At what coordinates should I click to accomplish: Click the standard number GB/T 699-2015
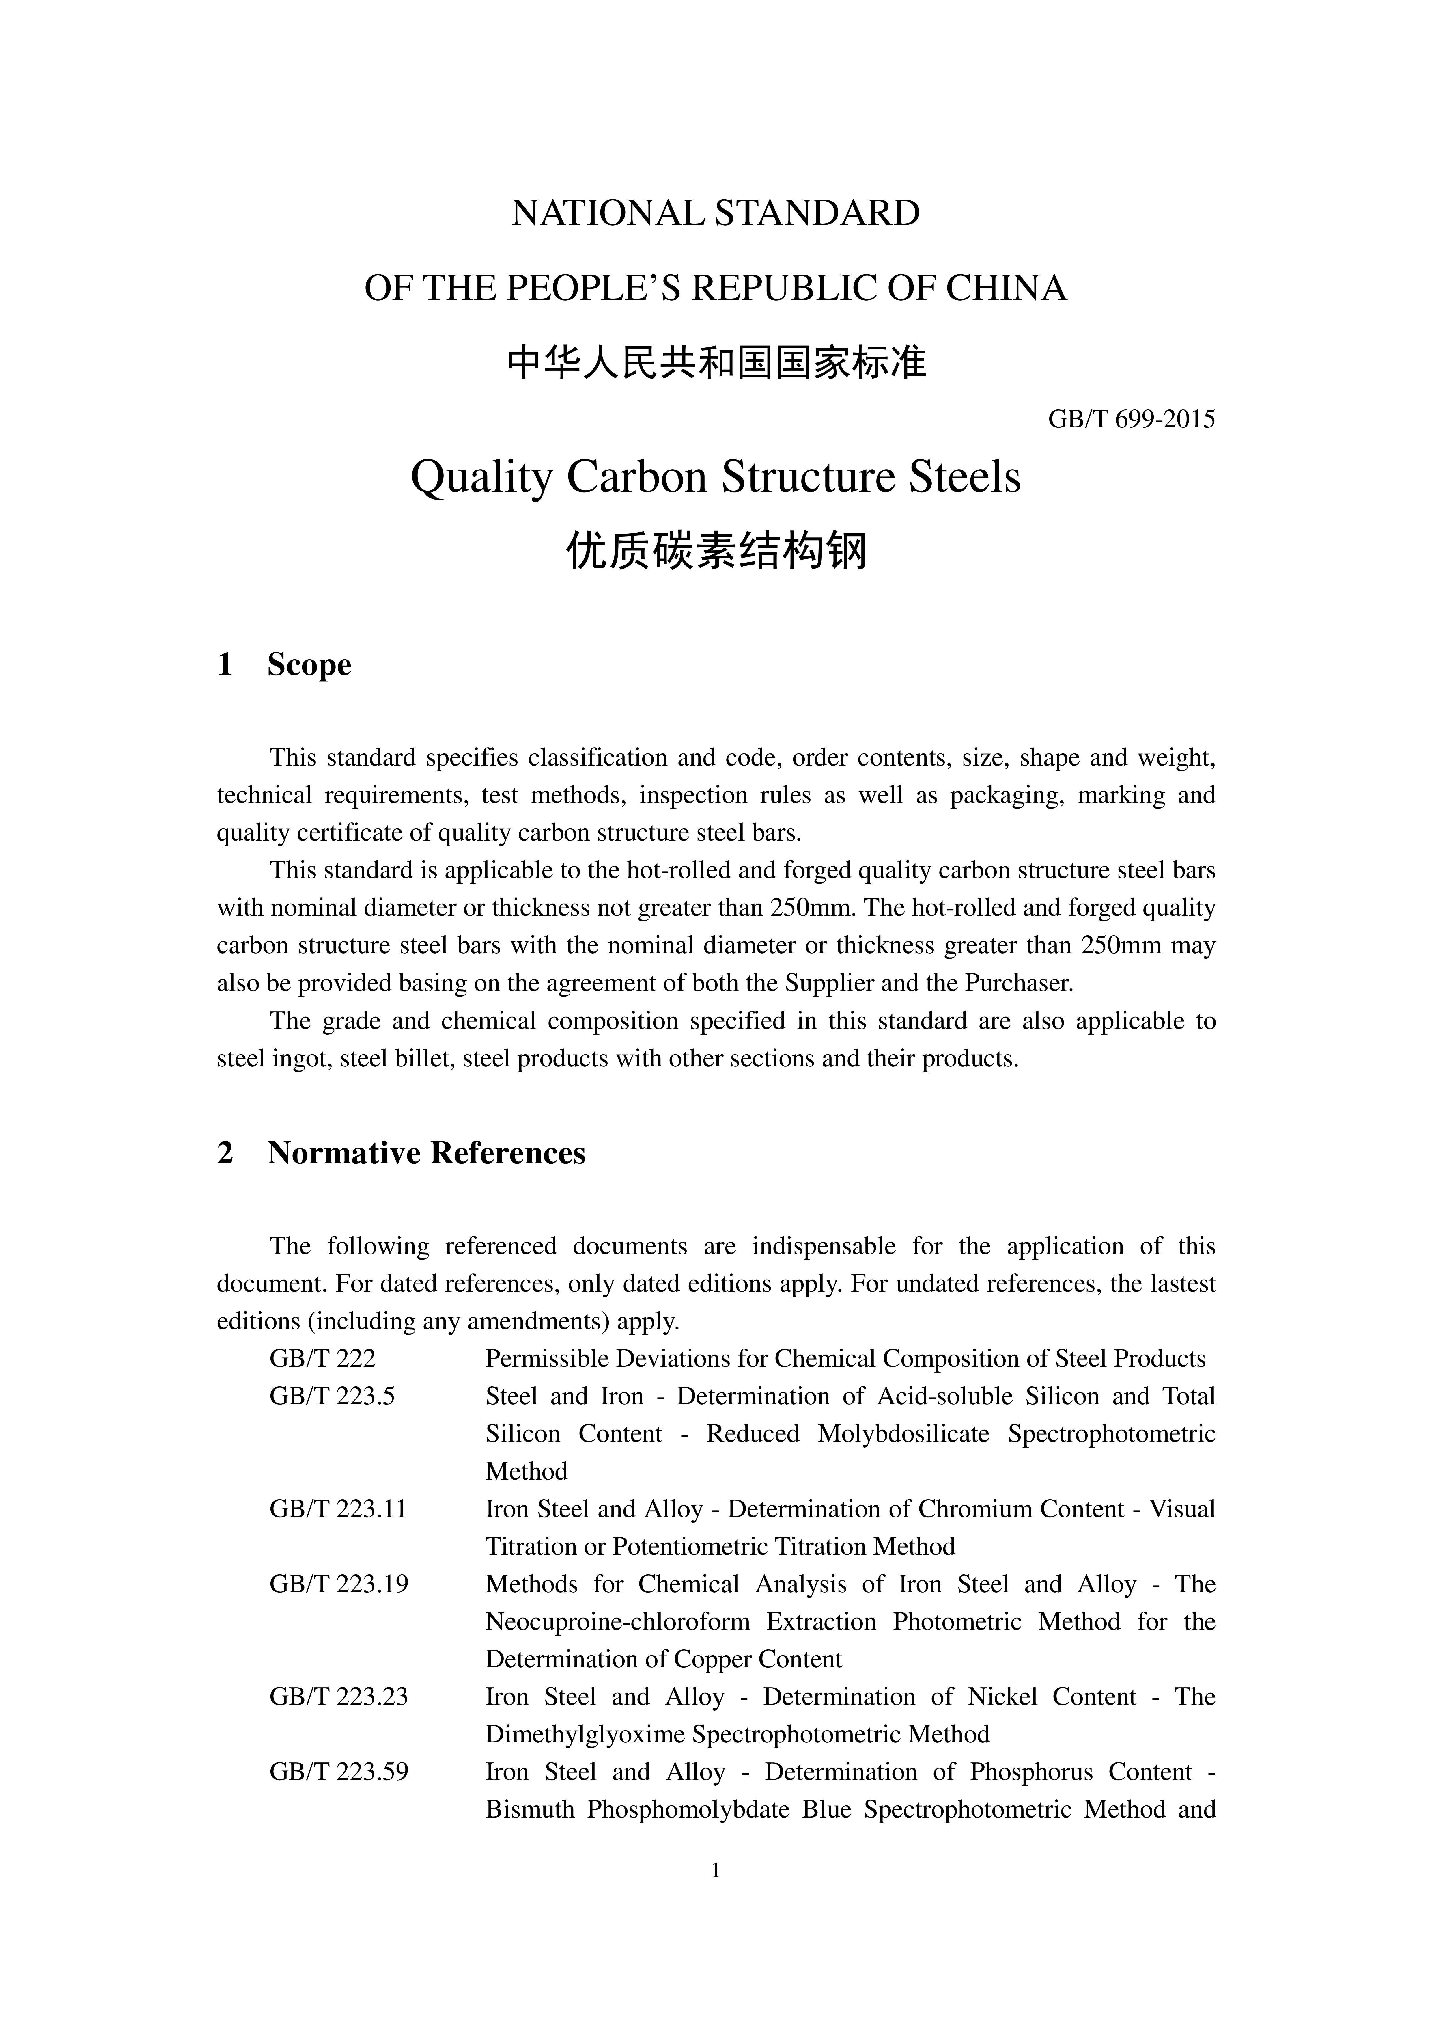point(1131,419)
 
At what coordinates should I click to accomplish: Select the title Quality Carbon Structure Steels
point(716,477)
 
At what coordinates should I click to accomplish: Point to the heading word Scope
point(309,664)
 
